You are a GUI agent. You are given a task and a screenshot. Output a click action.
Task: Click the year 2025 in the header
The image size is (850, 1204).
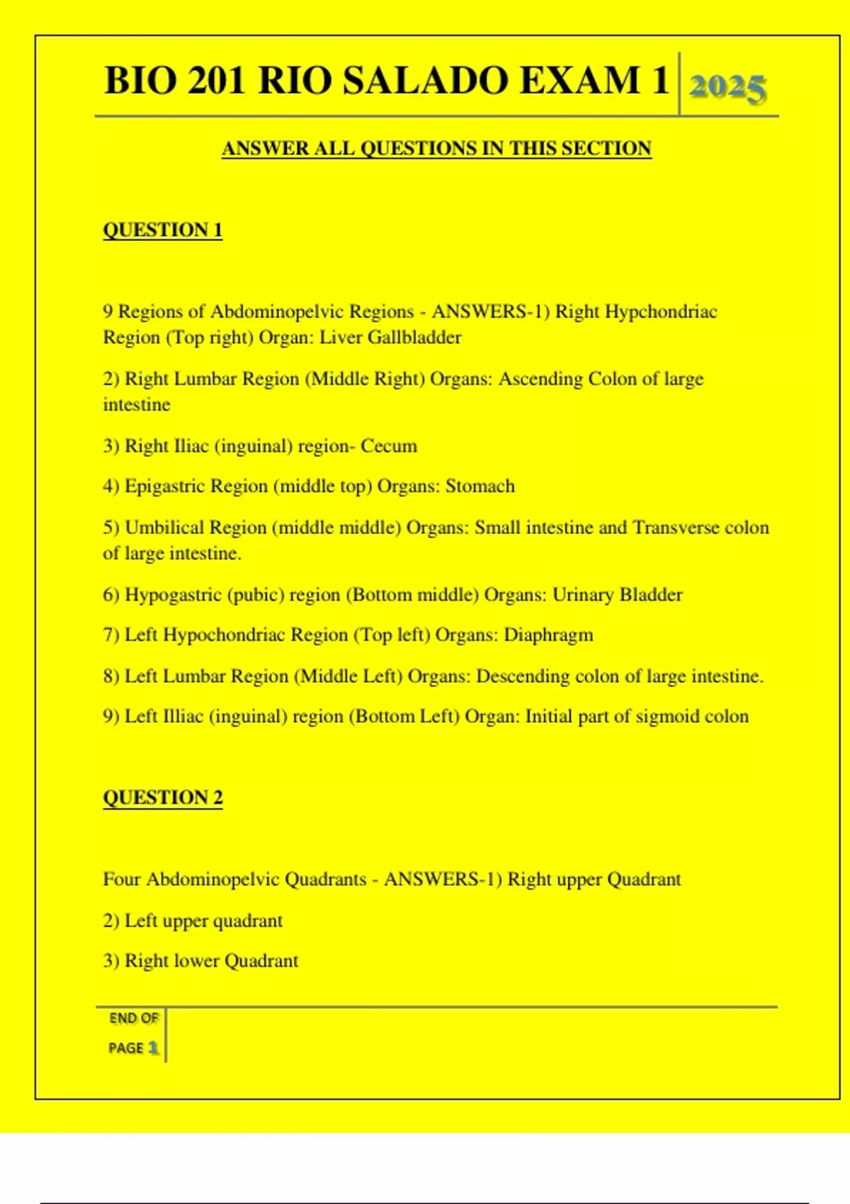click(x=727, y=88)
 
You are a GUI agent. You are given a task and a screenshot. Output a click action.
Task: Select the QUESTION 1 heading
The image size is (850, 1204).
click(x=163, y=230)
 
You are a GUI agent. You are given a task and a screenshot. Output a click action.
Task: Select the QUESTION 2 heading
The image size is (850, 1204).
click(x=163, y=797)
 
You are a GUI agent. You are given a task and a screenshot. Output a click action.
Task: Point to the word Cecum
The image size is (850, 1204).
click(x=389, y=446)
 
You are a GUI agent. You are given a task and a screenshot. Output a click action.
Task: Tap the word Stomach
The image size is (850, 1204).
click(x=480, y=487)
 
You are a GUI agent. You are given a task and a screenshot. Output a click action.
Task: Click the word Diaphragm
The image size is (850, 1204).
click(x=548, y=635)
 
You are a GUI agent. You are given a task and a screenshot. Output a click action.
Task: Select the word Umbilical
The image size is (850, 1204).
click(x=164, y=528)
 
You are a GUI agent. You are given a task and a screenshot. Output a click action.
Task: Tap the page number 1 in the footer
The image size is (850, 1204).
click(x=152, y=1048)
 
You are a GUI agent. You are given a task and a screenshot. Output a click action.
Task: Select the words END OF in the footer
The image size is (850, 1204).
click(x=134, y=1018)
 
